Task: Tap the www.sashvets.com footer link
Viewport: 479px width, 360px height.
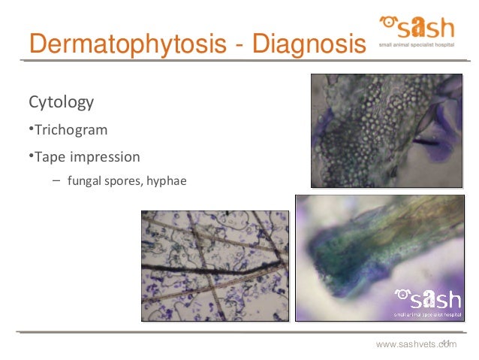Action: coord(416,344)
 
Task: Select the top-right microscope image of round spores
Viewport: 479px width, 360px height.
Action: coord(387,130)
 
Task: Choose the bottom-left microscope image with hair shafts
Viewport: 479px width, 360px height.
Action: coord(215,265)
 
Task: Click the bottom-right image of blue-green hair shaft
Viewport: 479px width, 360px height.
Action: coord(378,258)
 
